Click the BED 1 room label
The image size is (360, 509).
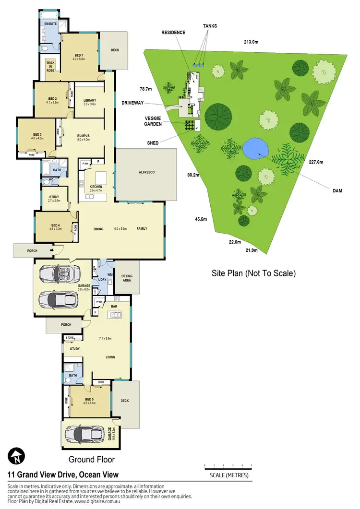tap(79, 55)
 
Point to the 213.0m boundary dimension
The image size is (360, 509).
tap(251, 42)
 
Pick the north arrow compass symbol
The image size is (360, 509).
tap(17, 456)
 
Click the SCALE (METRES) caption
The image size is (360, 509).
tap(228, 476)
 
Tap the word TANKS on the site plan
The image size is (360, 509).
tap(209, 26)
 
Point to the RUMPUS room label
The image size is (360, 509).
tap(84, 135)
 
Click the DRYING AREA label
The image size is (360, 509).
tap(127, 278)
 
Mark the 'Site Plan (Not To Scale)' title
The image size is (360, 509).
tap(253, 273)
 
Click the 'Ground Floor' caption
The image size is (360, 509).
tap(92, 460)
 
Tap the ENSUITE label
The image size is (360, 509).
tap(51, 24)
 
